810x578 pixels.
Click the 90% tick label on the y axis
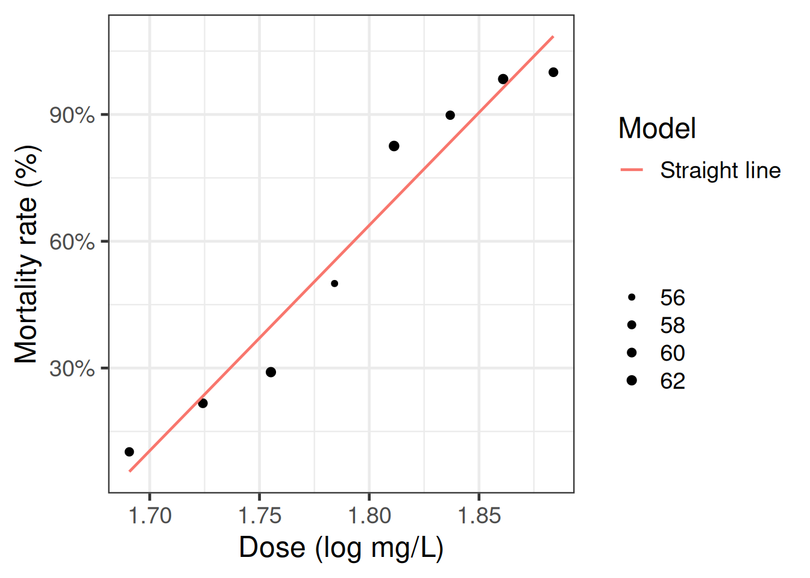tap(72, 116)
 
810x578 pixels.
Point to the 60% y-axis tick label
tap(72, 242)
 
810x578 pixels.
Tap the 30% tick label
tap(72, 369)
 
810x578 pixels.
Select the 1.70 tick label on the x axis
tap(150, 515)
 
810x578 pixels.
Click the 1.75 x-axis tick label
tap(260, 515)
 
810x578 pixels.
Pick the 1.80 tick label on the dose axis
tap(369, 515)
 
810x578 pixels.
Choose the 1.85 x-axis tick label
tap(479, 515)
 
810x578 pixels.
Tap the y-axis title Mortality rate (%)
tap(27, 254)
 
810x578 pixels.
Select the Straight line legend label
tap(720, 170)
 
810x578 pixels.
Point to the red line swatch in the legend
tap(632, 169)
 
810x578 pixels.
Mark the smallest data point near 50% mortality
tap(334, 284)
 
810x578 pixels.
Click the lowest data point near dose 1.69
tap(129, 452)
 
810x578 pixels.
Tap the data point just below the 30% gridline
tap(271, 372)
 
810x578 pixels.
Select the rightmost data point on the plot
tap(553, 72)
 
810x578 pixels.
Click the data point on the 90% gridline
tap(450, 115)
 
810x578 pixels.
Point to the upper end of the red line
tap(553, 37)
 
